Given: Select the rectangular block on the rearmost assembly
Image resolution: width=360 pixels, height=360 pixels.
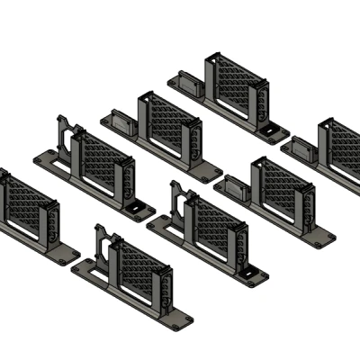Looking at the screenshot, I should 191,85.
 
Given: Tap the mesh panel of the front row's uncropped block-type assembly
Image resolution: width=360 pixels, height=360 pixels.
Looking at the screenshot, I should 283,194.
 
